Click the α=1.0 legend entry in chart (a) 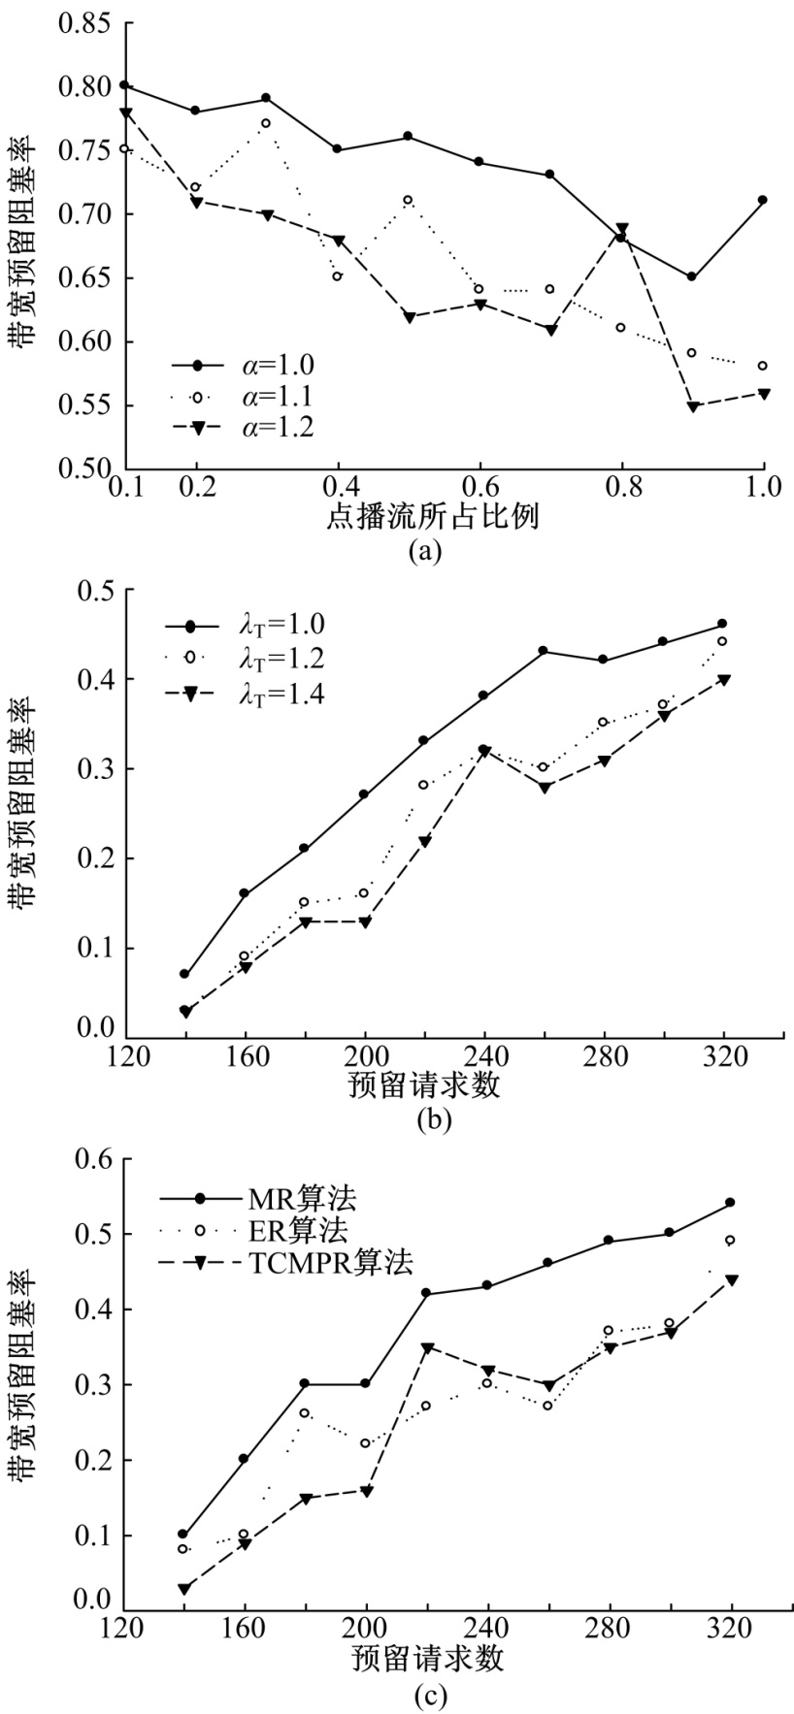243,365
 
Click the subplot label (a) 427,551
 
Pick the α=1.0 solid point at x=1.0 763,200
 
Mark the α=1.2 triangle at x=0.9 692,406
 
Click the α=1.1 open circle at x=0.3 266,123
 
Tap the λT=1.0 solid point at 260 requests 544,650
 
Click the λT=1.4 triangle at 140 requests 184,1011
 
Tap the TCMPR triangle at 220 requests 427,1348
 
